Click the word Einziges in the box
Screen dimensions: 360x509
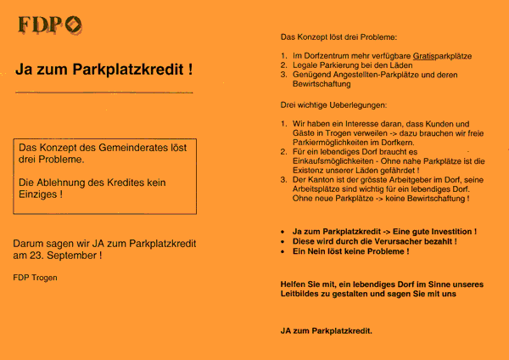[38, 194]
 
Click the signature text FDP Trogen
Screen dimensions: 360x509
[36, 277]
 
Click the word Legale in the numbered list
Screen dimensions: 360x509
[306, 65]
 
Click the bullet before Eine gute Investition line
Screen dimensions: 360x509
[282, 231]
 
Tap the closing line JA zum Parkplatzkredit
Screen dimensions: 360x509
[326, 330]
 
